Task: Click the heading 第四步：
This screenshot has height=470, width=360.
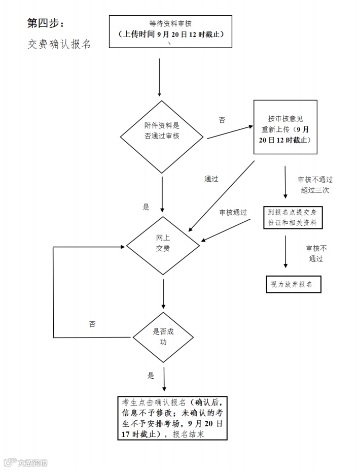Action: [46, 23]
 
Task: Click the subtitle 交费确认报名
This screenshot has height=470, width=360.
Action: [59, 44]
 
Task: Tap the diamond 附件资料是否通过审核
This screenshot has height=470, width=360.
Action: [162, 130]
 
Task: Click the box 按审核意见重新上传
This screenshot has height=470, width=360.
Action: [285, 127]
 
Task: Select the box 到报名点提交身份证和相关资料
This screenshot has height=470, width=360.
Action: [293, 217]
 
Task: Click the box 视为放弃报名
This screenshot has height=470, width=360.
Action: [293, 285]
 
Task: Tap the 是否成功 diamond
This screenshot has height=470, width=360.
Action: [163, 338]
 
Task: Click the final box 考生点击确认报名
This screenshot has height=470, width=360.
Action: [171, 417]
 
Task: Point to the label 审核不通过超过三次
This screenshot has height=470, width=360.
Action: [315, 185]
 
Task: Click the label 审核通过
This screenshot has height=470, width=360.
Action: [233, 212]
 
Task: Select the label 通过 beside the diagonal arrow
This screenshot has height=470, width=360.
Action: [211, 179]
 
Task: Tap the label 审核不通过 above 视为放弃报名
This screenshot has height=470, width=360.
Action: [316, 253]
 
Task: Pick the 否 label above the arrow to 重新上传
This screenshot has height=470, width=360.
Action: [222, 120]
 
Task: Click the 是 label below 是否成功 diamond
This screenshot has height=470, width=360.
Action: [151, 376]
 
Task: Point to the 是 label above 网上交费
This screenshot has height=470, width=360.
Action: [146, 207]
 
